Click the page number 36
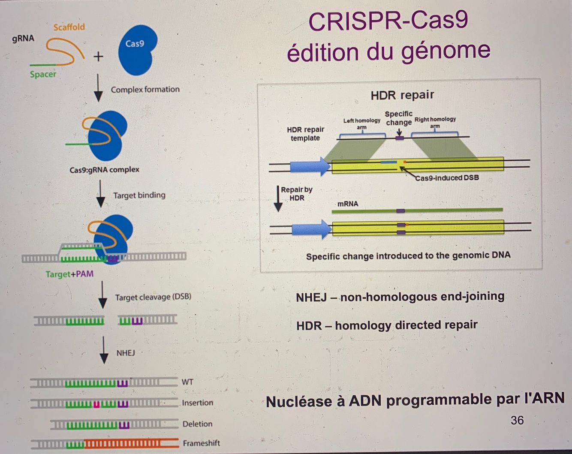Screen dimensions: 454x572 pyautogui.click(x=517, y=420)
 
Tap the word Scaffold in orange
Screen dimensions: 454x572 pyautogui.click(x=69, y=27)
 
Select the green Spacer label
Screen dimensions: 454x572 pyautogui.click(x=43, y=74)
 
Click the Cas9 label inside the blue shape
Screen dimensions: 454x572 pyautogui.click(x=135, y=44)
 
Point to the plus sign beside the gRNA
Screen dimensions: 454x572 pyautogui.click(x=98, y=56)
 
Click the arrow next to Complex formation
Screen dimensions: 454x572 pyautogui.click(x=98, y=88)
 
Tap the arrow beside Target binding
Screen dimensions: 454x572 pyautogui.click(x=100, y=194)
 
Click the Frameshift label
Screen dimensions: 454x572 pyautogui.click(x=201, y=443)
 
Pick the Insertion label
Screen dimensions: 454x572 pyautogui.click(x=197, y=403)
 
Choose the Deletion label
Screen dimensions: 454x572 pyautogui.click(x=197, y=424)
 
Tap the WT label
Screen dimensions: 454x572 pyautogui.click(x=187, y=382)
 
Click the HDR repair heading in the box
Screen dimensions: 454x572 pyautogui.click(x=402, y=95)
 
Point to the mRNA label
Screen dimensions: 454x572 pyautogui.click(x=347, y=204)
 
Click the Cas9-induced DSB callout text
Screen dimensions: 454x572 pyautogui.click(x=447, y=177)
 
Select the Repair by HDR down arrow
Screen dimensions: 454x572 pyautogui.click(x=278, y=199)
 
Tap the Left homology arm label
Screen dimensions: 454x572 pyautogui.click(x=361, y=123)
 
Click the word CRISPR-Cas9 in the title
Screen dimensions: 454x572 pyautogui.click(x=388, y=21)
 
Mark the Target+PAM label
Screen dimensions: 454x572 pyautogui.click(x=69, y=274)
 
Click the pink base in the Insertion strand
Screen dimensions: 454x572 pyautogui.click(x=96, y=404)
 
